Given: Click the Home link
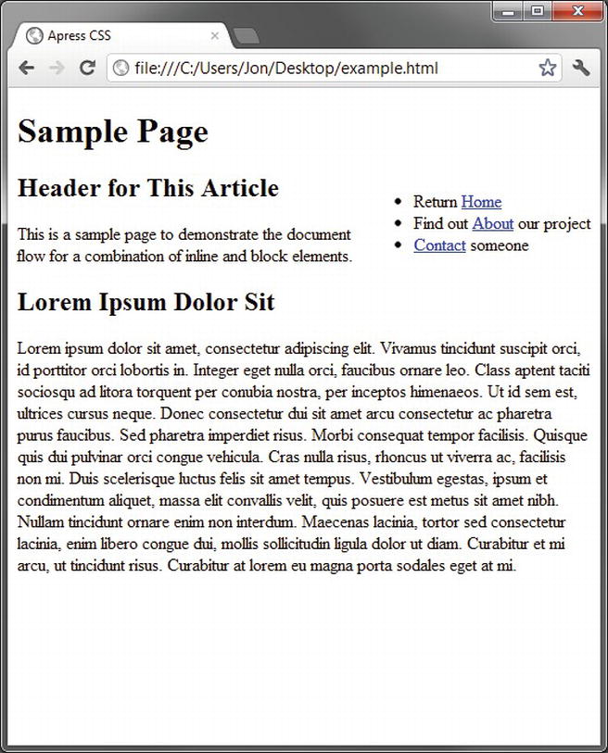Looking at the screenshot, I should click(x=481, y=202).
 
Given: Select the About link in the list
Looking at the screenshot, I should click(x=492, y=223).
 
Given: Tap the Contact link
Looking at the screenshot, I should click(x=439, y=245).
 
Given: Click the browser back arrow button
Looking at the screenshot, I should click(x=27, y=68).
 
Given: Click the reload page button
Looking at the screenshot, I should click(x=87, y=68).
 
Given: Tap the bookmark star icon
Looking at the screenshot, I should click(x=548, y=68).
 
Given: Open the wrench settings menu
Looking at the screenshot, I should click(x=581, y=68).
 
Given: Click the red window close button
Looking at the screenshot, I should click(x=579, y=11).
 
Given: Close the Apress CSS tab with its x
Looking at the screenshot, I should click(x=215, y=36).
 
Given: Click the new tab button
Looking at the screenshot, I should click(x=246, y=36).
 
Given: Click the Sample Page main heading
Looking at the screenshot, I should click(x=113, y=132).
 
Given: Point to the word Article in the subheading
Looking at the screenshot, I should click(x=243, y=188).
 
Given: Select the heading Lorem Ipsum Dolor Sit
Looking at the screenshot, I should click(x=146, y=302).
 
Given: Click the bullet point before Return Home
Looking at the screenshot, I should click(x=399, y=202).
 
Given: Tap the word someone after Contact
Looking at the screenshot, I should click(x=500, y=245).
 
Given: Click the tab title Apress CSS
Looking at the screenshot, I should click(x=79, y=36).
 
